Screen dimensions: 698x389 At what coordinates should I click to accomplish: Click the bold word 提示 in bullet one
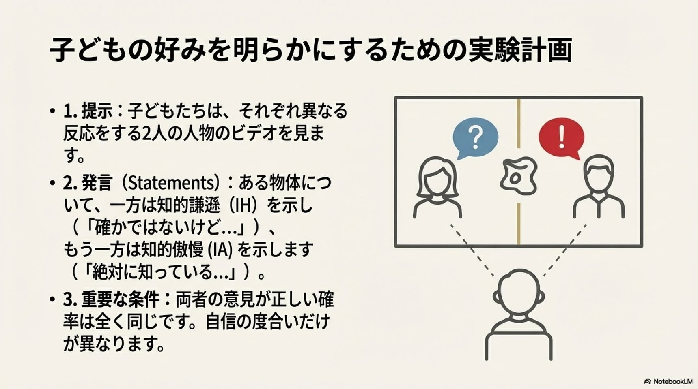pos(97,111)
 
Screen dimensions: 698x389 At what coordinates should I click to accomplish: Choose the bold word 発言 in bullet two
pos(97,183)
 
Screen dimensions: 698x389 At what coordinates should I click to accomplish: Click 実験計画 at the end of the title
pos(520,50)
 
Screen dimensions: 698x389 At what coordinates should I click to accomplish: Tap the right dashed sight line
pos(565,250)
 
